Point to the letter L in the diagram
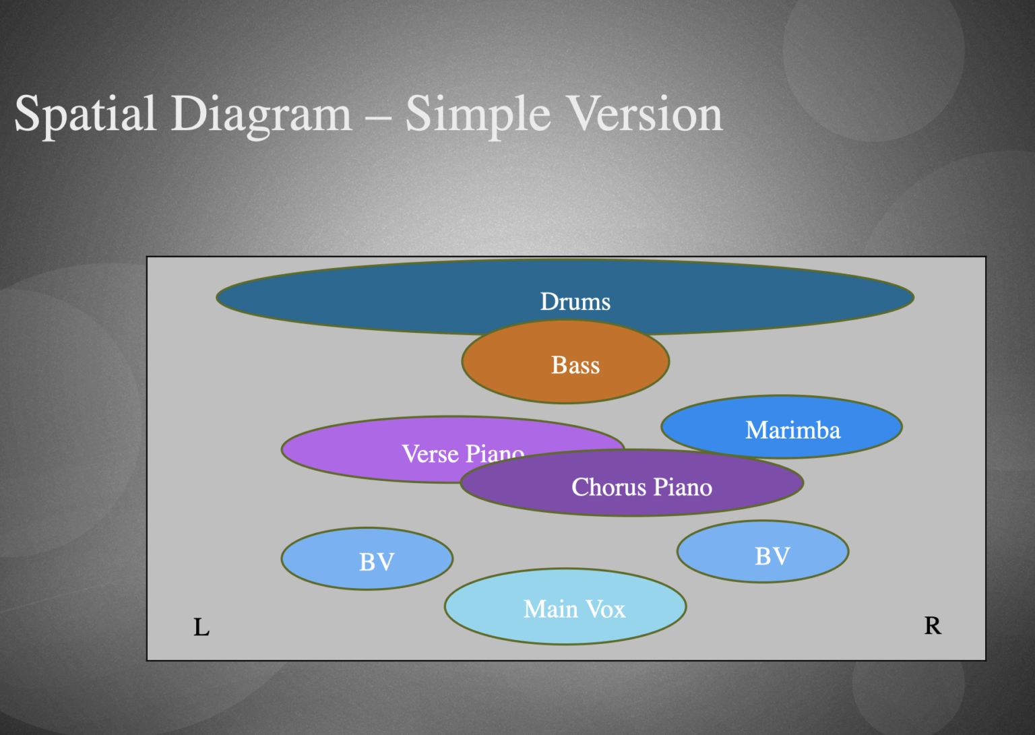tap(201, 627)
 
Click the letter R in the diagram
tap(933, 626)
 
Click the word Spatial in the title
tap(85, 115)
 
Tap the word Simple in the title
tap(478, 115)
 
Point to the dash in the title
tap(378, 116)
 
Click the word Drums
tap(575, 302)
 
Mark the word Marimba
tap(792, 430)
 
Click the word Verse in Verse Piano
tap(430, 453)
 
